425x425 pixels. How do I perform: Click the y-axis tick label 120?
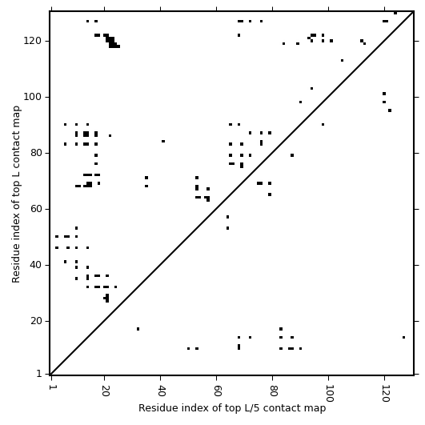pyautogui.click(x=33, y=41)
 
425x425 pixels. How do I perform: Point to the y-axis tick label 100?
pyautogui.click(x=33, y=97)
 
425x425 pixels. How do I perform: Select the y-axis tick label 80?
pyautogui.click(x=36, y=153)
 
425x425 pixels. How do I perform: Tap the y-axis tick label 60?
pyautogui.click(x=36, y=209)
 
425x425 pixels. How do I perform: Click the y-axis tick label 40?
pyautogui.click(x=36, y=265)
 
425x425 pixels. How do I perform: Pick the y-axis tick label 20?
pyautogui.click(x=36, y=321)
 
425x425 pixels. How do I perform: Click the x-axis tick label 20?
pyautogui.click(x=105, y=391)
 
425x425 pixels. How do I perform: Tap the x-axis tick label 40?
pyautogui.click(x=161, y=391)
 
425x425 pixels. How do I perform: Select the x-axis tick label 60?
pyautogui.click(x=217, y=391)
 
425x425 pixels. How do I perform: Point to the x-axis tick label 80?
pyautogui.click(x=273, y=391)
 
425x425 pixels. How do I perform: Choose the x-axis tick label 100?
pyautogui.click(x=329, y=393)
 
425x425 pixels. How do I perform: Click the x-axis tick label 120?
pyautogui.click(x=385, y=393)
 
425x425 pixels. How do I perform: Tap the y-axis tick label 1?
pyautogui.click(x=39, y=374)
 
